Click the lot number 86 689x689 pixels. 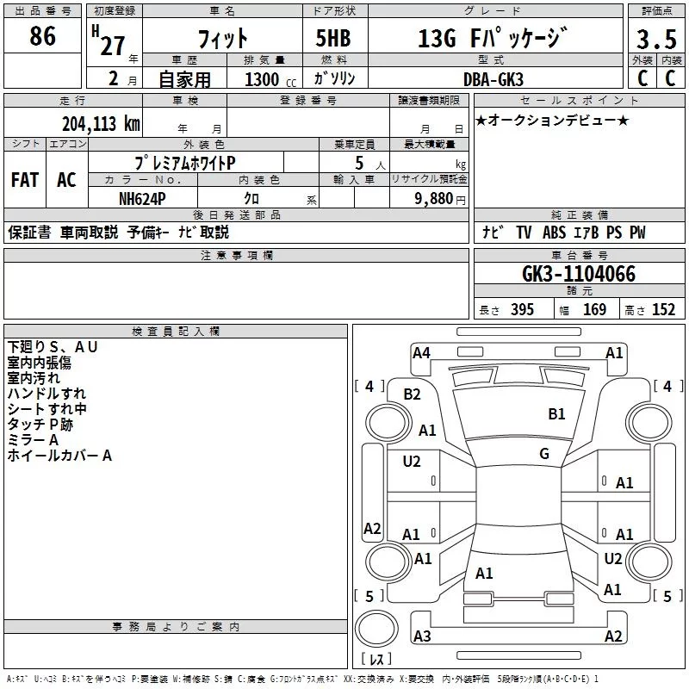pyautogui.click(x=42, y=36)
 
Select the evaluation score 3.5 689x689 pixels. pyautogui.click(x=656, y=40)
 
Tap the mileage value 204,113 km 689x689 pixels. pyautogui.click(x=101, y=124)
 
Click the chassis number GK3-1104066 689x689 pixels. pyautogui.click(x=579, y=275)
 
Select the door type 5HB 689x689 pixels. pyautogui.click(x=333, y=39)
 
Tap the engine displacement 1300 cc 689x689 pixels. pyautogui.click(x=262, y=79)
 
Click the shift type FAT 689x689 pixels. pyautogui.click(x=24, y=179)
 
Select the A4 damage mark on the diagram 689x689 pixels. pyautogui.click(x=421, y=352)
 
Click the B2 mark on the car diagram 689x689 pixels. pyautogui.click(x=413, y=394)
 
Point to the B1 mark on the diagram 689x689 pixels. pyautogui.click(x=556, y=414)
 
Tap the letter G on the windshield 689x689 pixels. pyautogui.click(x=544, y=454)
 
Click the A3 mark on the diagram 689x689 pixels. pyautogui.click(x=422, y=636)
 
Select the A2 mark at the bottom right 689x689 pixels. pyautogui.click(x=613, y=636)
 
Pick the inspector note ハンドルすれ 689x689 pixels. pyautogui.click(x=47, y=394)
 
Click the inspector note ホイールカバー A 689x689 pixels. pyautogui.click(x=59, y=456)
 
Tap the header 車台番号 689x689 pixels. pyautogui.click(x=578, y=256)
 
